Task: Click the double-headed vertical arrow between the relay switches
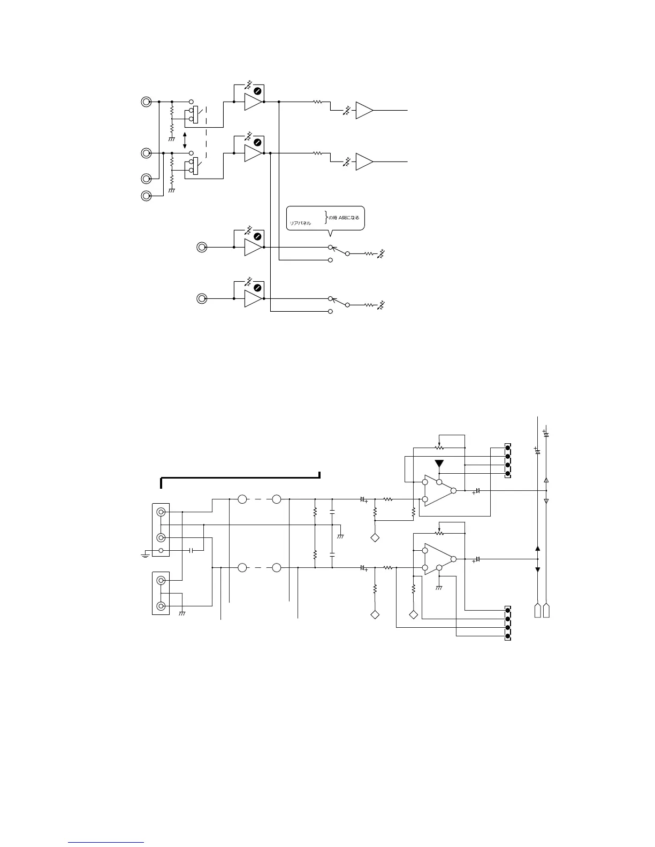[x=184, y=140]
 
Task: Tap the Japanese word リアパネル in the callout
[x=300, y=223]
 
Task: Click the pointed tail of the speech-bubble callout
[x=330, y=233]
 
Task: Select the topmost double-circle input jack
[x=146, y=102]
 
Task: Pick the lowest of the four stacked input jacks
[x=146, y=196]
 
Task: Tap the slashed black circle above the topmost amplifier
[x=257, y=90]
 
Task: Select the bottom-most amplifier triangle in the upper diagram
[x=253, y=298]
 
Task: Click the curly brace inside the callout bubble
[x=325, y=217]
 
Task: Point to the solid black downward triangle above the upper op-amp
[x=439, y=464]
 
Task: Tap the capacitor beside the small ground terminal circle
[x=192, y=550]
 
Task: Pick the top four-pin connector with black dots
[x=507, y=460]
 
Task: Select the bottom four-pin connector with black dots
[x=507, y=623]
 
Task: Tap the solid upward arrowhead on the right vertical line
[x=538, y=548]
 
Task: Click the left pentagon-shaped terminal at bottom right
[x=538, y=610]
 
